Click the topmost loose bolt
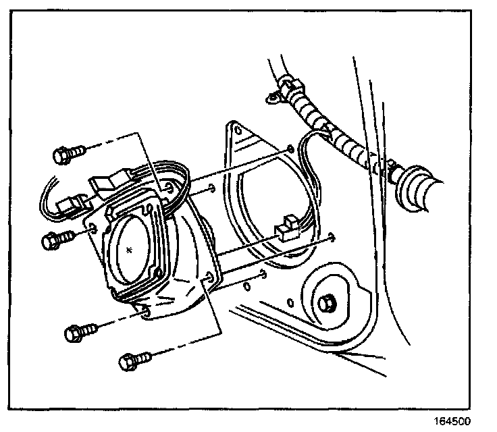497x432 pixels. [x=68, y=155]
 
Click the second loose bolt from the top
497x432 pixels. [x=56, y=239]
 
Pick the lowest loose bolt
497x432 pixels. [x=133, y=359]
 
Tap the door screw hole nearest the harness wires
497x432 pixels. [x=290, y=147]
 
